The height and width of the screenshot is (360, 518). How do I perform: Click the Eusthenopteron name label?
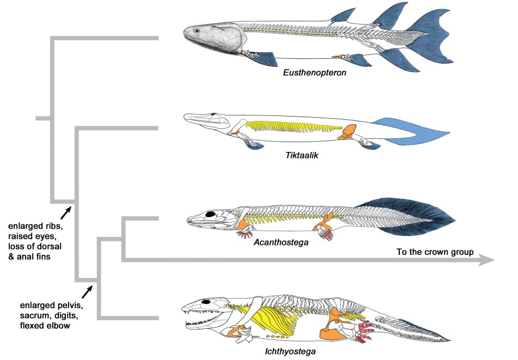(x=314, y=72)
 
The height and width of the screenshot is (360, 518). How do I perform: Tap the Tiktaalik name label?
(x=302, y=155)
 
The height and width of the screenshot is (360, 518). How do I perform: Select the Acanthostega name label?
(x=281, y=242)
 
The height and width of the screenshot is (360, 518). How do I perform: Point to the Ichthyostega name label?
(x=290, y=351)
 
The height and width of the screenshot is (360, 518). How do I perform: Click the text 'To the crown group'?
(x=435, y=252)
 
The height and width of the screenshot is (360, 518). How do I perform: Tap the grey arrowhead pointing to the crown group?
(x=487, y=260)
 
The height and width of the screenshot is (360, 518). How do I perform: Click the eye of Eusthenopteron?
(x=197, y=31)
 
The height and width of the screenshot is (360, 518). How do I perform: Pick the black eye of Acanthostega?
(x=210, y=214)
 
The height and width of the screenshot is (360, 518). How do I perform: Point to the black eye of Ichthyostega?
(x=206, y=302)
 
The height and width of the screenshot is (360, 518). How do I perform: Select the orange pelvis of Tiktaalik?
(x=347, y=131)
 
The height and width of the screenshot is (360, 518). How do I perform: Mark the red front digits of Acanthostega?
(x=245, y=235)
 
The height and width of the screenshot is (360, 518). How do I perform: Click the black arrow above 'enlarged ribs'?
(x=66, y=213)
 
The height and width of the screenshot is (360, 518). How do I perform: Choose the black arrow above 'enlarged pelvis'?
(x=87, y=292)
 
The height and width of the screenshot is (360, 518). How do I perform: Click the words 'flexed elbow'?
(x=45, y=326)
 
